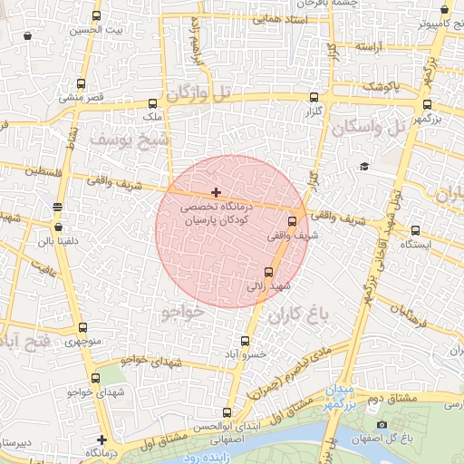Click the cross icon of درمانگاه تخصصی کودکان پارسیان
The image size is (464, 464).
click(x=216, y=192)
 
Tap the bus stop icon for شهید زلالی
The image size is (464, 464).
click(x=268, y=272)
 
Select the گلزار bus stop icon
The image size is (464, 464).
click(x=314, y=97)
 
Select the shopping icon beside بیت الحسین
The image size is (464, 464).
click(x=28, y=36)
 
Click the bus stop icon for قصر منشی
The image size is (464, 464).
click(x=82, y=83)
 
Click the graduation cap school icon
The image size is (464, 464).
click(x=364, y=166)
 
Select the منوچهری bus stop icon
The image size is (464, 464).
click(x=83, y=328)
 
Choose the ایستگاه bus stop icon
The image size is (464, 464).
click(x=415, y=230)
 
